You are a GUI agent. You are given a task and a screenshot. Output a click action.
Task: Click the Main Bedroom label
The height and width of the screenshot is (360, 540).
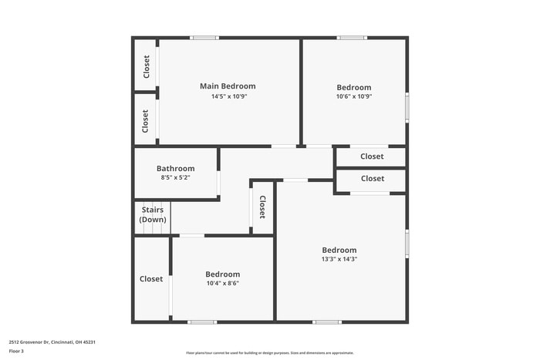click(228, 86)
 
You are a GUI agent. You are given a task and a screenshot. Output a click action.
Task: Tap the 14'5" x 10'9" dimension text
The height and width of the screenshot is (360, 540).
click(228, 96)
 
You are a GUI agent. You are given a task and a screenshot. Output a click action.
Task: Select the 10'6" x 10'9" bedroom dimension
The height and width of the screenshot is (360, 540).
click(353, 97)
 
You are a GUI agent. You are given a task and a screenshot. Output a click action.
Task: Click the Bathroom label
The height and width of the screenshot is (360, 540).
click(175, 169)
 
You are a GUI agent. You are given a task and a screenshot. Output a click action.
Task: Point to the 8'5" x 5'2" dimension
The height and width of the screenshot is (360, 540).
click(175, 178)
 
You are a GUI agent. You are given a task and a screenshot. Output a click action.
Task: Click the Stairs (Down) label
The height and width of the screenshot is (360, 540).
click(152, 214)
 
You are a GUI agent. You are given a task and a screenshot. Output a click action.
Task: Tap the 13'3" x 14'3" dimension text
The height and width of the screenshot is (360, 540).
click(339, 260)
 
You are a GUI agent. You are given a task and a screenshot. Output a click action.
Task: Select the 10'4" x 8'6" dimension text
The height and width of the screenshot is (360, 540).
click(222, 284)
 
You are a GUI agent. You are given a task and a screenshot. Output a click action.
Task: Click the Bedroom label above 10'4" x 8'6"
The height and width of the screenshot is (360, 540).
click(222, 274)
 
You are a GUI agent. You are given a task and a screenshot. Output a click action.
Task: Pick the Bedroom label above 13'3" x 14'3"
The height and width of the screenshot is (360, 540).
click(339, 250)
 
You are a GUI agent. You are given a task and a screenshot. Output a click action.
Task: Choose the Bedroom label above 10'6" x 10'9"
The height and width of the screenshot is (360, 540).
click(353, 88)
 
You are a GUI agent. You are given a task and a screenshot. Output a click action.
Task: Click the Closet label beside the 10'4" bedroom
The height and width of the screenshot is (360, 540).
click(151, 279)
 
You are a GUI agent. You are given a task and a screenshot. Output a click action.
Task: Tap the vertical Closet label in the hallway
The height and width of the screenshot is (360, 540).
click(262, 207)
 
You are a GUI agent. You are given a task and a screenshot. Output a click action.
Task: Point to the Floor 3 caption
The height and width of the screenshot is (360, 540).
click(16, 352)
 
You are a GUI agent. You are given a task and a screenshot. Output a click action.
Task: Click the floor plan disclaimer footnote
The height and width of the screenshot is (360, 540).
click(270, 352)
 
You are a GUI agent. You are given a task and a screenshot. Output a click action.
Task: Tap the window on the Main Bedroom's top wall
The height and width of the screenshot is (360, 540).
click(204, 38)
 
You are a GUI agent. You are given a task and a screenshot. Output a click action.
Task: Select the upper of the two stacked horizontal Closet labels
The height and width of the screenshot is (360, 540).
click(372, 156)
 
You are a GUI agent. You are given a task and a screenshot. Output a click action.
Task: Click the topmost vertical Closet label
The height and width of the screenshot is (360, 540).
click(146, 66)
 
